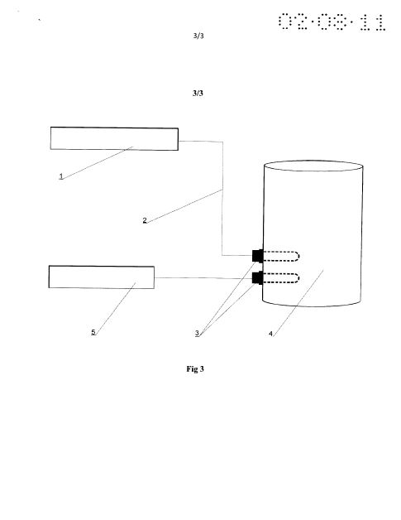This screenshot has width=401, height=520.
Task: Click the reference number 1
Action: [61, 176]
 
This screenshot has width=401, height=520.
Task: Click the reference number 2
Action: [145, 220]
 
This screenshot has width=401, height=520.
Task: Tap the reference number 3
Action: [197, 333]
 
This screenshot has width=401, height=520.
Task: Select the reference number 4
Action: [270, 334]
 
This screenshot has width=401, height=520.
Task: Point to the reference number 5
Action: [93, 332]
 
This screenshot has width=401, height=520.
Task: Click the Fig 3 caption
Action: [195, 368]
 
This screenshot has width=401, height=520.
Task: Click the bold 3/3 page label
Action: [198, 94]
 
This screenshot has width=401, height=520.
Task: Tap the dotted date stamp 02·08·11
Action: [332, 22]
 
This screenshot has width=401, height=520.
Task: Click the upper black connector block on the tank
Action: [258, 256]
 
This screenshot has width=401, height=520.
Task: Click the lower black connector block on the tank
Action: [258, 277]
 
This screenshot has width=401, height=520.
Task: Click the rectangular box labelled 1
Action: [114, 138]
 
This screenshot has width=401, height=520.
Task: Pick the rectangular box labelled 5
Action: [102, 277]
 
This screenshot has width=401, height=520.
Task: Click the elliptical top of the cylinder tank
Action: [313, 166]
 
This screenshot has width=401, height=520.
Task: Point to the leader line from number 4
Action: [298, 303]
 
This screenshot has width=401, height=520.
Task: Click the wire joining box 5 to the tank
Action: [203, 278]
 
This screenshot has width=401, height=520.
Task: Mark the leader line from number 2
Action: [184, 206]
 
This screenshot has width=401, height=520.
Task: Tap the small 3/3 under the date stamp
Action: [198, 36]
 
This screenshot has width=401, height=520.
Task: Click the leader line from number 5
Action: [116, 308]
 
